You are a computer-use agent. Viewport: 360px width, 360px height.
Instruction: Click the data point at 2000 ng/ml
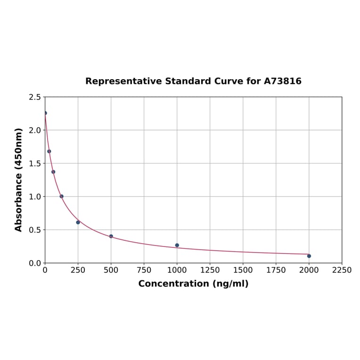click(309, 256)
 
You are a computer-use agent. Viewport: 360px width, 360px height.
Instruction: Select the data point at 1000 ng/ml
click(177, 245)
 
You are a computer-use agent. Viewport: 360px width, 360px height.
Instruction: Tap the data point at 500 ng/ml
click(111, 236)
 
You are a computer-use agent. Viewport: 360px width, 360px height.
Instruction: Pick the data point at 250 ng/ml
click(78, 222)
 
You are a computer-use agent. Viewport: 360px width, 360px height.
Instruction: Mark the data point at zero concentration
click(45, 113)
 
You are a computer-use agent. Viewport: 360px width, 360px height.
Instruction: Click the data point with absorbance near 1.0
click(61, 196)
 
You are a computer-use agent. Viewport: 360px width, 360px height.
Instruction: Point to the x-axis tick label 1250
click(210, 270)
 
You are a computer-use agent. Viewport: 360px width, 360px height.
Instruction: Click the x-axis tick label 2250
click(342, 270)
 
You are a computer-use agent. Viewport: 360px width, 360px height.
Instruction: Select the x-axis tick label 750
click(144, 270)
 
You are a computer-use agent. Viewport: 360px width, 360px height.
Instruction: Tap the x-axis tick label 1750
click(276, 270)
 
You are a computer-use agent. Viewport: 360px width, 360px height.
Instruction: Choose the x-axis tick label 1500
click(243, 270)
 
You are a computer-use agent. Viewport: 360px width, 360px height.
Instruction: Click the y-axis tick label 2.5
click(35, 97)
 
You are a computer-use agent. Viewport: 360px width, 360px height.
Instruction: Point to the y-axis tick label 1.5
click(35, 164)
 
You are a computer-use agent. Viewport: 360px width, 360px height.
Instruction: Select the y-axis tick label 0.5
click(35, 230)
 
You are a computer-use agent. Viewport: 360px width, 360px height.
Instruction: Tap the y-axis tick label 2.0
click(35, 130)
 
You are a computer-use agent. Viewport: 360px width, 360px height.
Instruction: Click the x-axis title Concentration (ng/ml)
click(193, 284)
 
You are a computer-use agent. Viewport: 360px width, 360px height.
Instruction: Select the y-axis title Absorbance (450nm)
click(19, 180)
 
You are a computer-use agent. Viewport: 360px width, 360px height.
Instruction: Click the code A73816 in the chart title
click(282, 81)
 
